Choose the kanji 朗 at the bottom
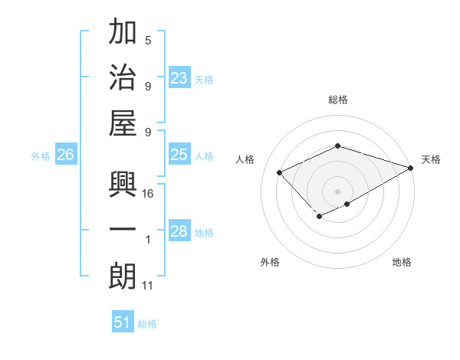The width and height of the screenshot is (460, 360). [x=123, y=275]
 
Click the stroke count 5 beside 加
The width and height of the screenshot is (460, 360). [x=148, y=41]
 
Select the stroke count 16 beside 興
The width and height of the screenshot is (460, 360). [x=149, y=194]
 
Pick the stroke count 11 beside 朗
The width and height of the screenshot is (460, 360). [x=149, y=285]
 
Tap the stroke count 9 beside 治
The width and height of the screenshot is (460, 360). [x=148, y=85]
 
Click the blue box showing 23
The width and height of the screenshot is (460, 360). [x=179, y=78]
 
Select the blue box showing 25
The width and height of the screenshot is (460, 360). [x=179, y=155]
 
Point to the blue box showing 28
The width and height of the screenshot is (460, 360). [x=179, y=231]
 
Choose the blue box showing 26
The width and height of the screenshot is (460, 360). [x=65, y=155]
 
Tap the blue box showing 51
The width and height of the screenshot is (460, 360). [x=123, y=322]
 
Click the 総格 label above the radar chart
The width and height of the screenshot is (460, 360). [x=338, y=100]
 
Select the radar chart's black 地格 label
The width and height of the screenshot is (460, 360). [x=402, y=262]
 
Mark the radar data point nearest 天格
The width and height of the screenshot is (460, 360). [x=412, y=168]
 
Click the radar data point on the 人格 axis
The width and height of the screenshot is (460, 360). [x=280, y=172]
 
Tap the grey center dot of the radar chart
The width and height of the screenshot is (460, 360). [x=338, y=190]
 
